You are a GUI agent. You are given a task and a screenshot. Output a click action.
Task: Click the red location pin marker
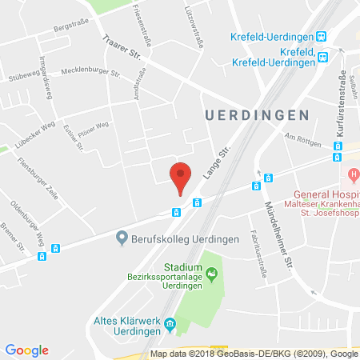(182, 176)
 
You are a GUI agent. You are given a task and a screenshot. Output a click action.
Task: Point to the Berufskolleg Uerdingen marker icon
(122, 237)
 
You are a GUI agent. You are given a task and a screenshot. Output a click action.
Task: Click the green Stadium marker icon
(211, 276)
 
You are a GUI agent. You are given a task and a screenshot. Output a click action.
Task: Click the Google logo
(26, 350)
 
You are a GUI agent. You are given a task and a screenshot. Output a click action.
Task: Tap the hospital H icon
(351, 174)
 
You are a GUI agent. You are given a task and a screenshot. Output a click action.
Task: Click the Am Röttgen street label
(303, 141)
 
